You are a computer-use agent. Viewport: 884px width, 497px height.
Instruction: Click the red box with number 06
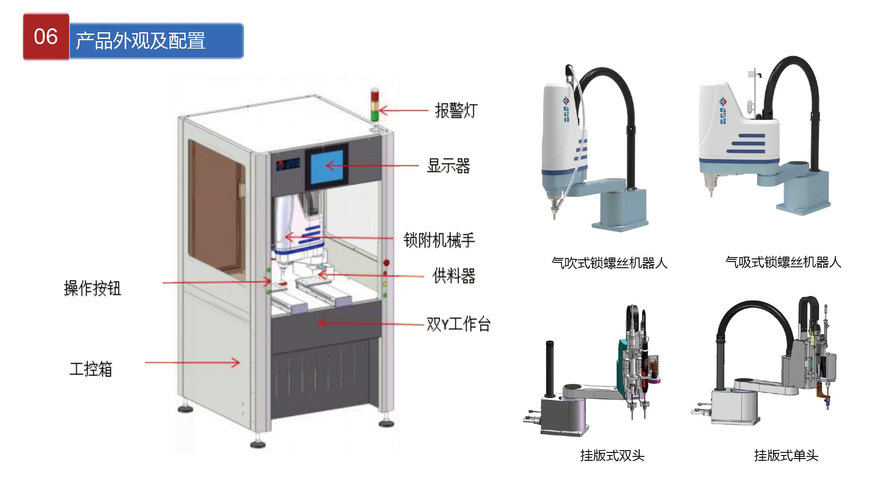(46, 37)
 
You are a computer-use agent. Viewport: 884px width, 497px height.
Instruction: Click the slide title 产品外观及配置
(141, 41)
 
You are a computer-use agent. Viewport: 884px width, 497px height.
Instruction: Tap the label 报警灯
(456, 110)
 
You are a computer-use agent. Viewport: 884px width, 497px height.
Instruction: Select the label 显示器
(448, 166)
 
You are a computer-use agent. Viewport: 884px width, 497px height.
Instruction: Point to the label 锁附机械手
(439, 240)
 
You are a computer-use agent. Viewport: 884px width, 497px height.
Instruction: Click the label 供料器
(454, 276)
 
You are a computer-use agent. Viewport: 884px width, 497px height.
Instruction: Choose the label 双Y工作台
(458, 324)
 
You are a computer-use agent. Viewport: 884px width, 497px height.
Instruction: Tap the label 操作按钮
(92, 288)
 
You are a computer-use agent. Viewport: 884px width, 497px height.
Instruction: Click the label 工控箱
(91, 369)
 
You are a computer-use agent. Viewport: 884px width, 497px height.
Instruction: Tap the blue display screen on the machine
(327, 167)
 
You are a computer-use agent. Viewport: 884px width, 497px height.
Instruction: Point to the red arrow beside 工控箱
(192, 363)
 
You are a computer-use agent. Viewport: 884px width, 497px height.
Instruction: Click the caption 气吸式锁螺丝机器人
(783, 262)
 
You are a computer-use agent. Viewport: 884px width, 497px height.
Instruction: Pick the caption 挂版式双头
(612, 455)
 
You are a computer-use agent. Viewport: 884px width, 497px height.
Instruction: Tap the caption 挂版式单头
(786, 455)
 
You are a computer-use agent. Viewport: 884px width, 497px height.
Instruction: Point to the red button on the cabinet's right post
(386, 263)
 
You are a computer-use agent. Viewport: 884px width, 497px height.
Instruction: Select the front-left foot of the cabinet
(258, 444)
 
